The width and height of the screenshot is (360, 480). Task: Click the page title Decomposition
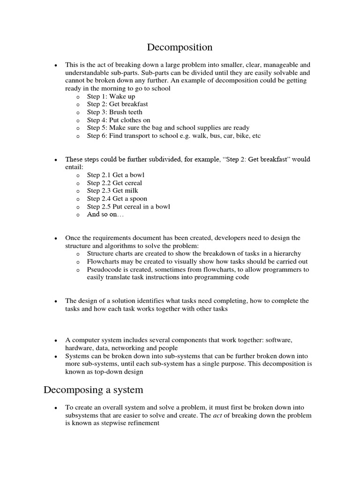click(x=180, y=47)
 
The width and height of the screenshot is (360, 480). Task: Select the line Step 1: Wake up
click(x=111, y=97)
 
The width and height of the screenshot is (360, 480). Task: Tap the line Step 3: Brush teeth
click(x=114, y=112)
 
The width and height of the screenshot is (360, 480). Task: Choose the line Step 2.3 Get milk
click(x=112, y=191)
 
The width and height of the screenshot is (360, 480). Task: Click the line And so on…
click(x=106, y=215)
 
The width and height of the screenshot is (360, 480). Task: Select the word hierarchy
click(x=287, y=254)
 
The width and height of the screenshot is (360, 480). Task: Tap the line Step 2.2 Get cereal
click(x=114, y=183)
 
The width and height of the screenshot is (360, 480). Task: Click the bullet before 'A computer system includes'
click(x=55, y=340)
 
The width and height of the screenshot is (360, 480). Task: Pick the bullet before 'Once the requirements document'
click(x=55, y=239)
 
